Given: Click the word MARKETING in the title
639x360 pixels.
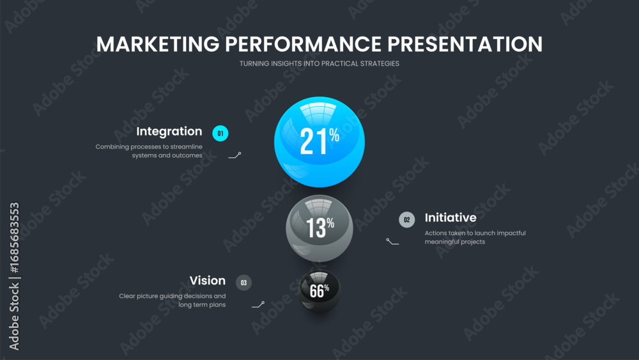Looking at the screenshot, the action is (x=158, y=44).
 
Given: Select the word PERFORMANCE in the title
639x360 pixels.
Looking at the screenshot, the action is (x=303, y=44).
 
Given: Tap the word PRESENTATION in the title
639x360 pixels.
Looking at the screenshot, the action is (x=465, y=44).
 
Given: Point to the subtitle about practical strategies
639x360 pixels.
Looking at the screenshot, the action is (x=319, y=63).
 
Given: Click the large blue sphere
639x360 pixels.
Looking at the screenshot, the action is (x=319, y=142).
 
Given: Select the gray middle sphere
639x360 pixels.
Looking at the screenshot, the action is (x=319, y=228).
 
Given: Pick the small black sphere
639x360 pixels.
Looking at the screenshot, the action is (x=319, y=291).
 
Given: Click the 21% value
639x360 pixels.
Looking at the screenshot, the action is (x=319, y=141).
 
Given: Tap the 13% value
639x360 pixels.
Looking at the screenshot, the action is (x=320, y=227).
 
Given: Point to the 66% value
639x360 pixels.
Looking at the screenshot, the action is (x=319, y=290).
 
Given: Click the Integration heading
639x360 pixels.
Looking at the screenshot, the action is (x=169, y=132).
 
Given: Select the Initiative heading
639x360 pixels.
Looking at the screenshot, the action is (x=450, y=217).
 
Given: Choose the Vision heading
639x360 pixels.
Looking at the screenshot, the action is (x=208, y=281).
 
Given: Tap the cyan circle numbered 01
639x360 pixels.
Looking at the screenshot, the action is (x=220, y=133).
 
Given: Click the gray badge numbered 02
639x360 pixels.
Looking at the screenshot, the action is (x=406, y=220).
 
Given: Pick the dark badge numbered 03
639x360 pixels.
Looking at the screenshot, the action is (x=243, y=283).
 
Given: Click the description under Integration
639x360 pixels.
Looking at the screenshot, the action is (x=149, y=151).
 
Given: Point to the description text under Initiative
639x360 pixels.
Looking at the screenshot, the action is (x=475, y=237).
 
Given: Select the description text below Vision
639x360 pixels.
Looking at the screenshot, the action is (x=173, y=300).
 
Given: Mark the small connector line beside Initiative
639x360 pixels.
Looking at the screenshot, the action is (x=392, y=242).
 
